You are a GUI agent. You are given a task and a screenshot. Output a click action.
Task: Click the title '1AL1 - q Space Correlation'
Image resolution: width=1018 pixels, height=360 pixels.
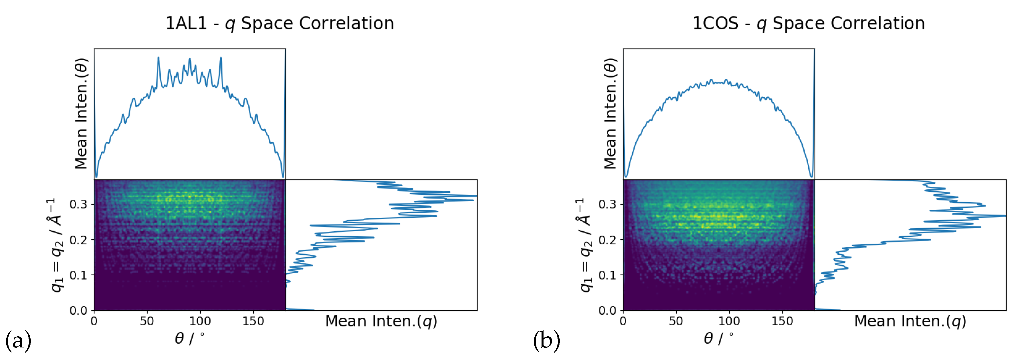click(279, 24)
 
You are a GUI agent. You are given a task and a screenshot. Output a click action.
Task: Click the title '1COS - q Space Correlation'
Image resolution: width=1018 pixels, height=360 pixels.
click(808, 24)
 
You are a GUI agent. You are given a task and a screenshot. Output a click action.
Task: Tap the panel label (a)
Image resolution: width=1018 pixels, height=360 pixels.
click(18, 340)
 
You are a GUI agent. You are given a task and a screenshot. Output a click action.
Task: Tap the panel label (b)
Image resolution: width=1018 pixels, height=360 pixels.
click(547, 340)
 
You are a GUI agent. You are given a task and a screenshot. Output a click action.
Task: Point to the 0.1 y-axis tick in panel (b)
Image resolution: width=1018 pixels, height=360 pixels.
click(607, 275)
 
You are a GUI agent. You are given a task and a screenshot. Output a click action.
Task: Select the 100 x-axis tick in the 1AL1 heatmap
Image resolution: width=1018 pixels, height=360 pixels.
click(200, 321)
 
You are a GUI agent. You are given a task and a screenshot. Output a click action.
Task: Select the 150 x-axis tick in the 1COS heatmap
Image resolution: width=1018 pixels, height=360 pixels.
click(782, 321)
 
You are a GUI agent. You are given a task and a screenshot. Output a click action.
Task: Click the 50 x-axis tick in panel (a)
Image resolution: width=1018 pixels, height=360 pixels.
click(147, 321)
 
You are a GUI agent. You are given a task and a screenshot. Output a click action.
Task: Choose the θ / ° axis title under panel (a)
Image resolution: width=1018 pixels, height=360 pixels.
click(190, 339)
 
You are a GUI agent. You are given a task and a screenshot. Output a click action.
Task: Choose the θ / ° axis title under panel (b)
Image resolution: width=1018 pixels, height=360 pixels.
click(718, 339)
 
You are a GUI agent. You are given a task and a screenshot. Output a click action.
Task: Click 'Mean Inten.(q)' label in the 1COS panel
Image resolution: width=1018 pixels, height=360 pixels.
click(910, 321)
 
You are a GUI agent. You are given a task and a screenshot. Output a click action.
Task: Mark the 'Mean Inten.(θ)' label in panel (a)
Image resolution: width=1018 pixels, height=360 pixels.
click(81, 114)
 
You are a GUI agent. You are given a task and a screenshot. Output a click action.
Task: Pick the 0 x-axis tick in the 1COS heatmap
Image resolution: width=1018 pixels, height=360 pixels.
click(623, 321)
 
